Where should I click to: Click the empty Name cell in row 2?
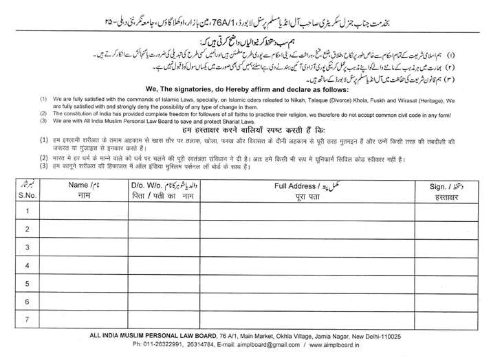pyautogui.click(x=84, y=229)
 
